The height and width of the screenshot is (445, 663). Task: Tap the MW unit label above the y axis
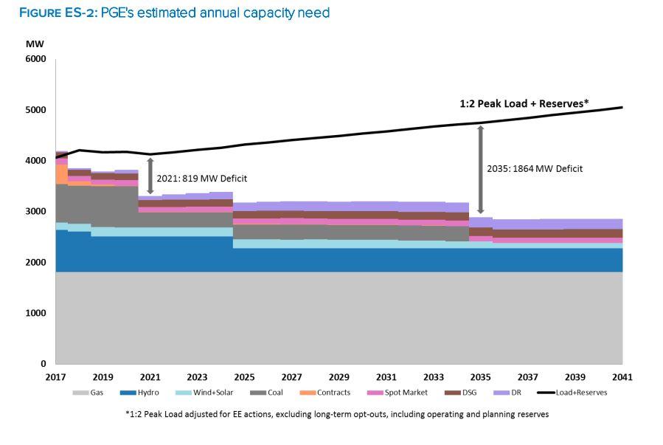(35, 44)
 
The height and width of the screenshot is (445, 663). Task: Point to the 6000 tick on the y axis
(36, 59)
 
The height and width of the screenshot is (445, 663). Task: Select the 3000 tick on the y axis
(36, 212)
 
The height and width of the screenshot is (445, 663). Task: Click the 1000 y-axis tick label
(36, 314)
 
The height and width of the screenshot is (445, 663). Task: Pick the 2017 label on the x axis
(55, 377)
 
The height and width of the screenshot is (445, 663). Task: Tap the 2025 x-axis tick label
(245, 377)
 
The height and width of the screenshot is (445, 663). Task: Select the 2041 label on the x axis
(622, 377)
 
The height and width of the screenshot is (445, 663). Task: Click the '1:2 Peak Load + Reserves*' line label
(524, 103)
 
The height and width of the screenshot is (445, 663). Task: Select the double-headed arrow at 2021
(150, 176)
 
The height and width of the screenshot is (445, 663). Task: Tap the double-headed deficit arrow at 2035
(481, 170)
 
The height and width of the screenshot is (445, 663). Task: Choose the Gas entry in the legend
(91, 393)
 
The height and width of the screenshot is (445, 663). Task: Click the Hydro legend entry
(144, 393)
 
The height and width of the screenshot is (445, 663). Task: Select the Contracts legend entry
(327, 393)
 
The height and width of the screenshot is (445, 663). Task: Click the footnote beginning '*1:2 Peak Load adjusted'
(337, 414)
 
